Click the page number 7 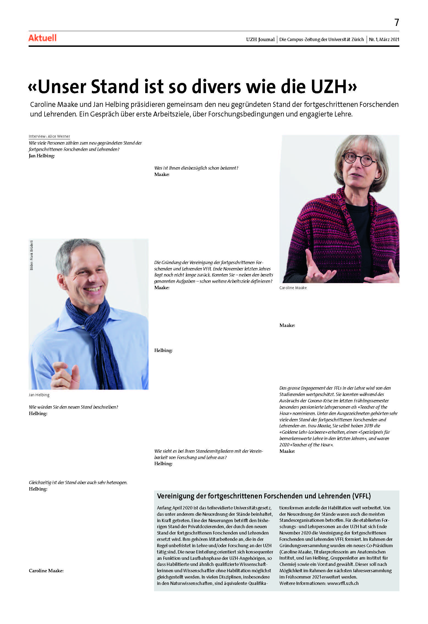coord(396,22)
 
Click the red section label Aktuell coord(42,38)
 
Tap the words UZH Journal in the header coord(260,39)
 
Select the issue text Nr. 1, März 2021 coord(384,39)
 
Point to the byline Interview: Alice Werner coord(49,136)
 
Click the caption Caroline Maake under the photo coord(293,288)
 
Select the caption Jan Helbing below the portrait coord(39,395)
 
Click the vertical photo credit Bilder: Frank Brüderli coord(32,255)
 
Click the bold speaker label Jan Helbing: coord(42,156)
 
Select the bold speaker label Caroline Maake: coord(46,571)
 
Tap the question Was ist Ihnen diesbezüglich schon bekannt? coord(196,168)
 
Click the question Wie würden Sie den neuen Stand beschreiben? coord(73,407)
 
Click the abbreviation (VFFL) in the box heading coord(361,496)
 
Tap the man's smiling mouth coord(93,289)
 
